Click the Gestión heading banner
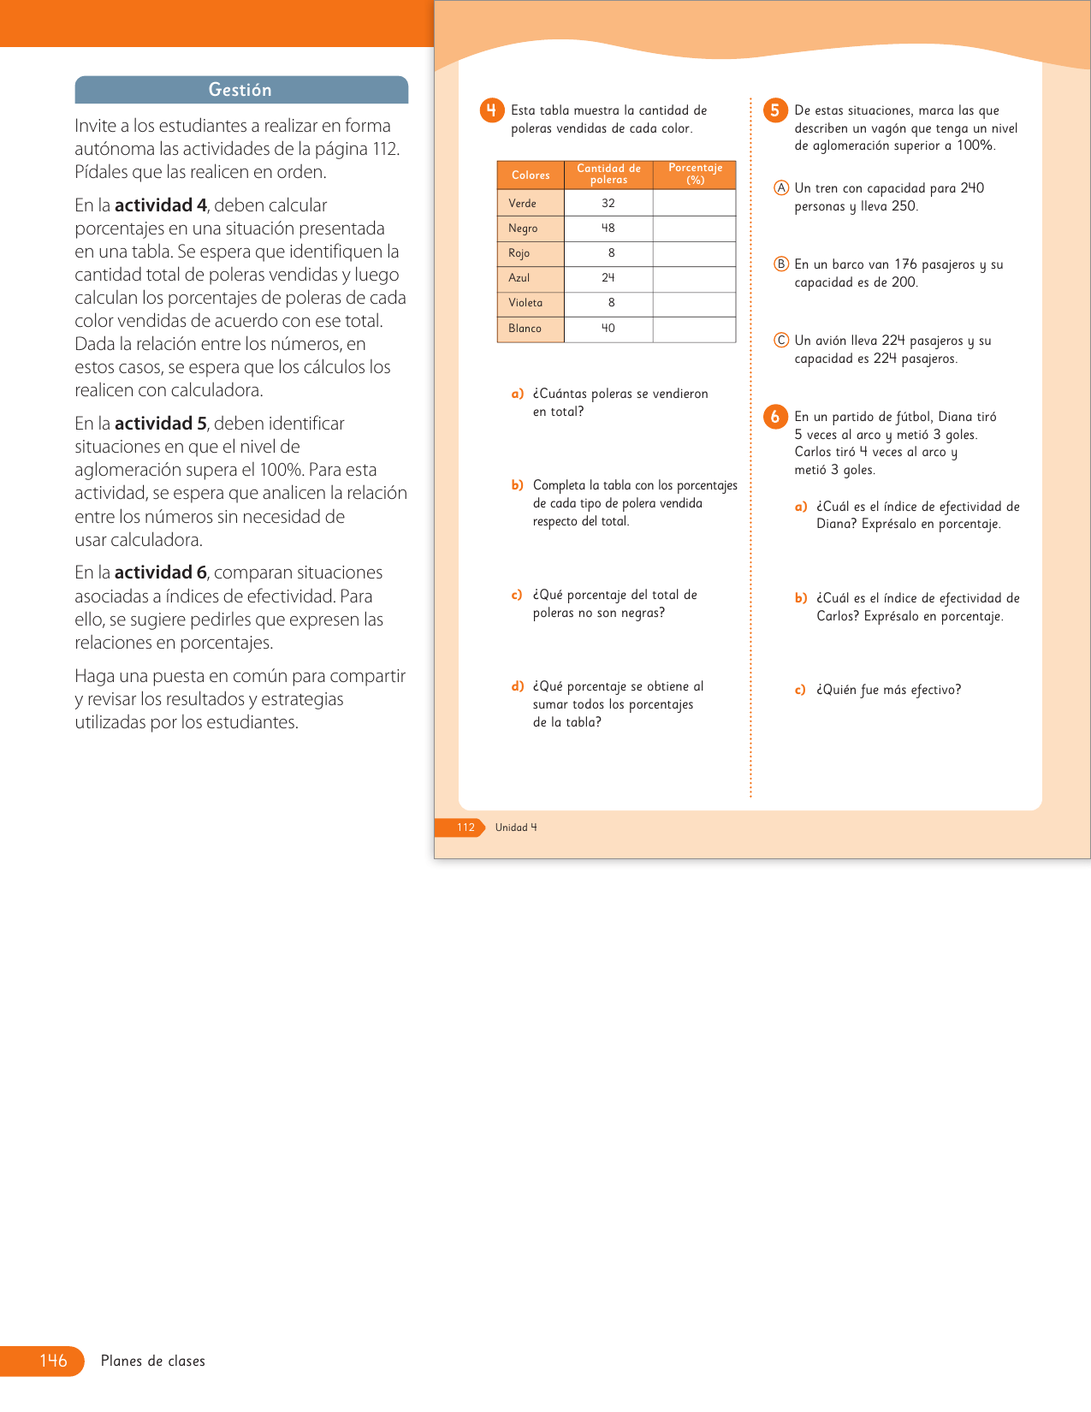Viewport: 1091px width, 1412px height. pos(240,90)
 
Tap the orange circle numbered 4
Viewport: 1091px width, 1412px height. pos(491,110)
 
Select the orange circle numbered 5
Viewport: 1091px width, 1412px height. pos(774,110)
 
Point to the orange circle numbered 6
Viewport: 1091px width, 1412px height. pos(774,417)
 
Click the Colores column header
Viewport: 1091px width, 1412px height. pos(531,175)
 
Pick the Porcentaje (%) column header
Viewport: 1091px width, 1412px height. pos(695,174)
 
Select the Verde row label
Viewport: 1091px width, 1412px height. pos(523,204)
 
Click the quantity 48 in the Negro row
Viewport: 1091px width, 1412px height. pos(608,228)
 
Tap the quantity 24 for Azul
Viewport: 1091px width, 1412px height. pos(608,278)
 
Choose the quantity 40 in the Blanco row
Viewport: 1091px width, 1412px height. pos(608,329)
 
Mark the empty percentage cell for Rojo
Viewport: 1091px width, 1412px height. pos(694,253)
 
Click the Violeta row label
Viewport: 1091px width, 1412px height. pos(525,303)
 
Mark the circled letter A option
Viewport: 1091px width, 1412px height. pos(781,188)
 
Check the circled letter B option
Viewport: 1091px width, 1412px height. pos(781,264)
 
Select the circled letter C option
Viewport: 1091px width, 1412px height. pos(781,341)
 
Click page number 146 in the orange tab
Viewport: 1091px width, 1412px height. pos(53,1361)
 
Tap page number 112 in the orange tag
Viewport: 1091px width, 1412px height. pos(465,828)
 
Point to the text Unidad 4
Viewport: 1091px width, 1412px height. pos(516,828)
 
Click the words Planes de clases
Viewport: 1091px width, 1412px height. pos(153,1362)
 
